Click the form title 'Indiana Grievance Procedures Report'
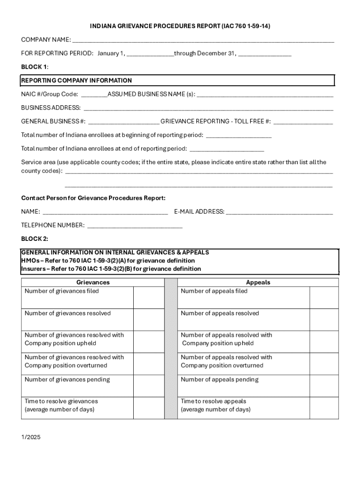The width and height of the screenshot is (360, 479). coord(180,26)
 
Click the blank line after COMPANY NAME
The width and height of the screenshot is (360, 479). coord(203,40)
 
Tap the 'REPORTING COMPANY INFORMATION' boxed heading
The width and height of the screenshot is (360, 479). coord(77,80)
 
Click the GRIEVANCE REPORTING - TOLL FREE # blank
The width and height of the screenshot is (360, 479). coord(303,122)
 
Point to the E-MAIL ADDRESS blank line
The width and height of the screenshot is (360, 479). coord(279,212)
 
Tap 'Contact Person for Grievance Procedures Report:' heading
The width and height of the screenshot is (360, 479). coord(94,198)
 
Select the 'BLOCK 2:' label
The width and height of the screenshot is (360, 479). coord(35,239)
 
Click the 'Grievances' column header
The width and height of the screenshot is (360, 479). coord(93,283)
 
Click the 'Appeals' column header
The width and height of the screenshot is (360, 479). coord(258,283)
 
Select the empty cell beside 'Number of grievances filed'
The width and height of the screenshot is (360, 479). coord(149,298)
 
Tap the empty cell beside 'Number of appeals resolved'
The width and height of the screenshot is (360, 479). coord(324,319)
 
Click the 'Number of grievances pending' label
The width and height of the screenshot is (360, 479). coord(67,379)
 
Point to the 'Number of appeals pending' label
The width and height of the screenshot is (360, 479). coord(220,379)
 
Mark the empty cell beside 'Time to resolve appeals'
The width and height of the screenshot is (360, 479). coord(324,408)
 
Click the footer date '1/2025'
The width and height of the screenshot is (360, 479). coord(31,437)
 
